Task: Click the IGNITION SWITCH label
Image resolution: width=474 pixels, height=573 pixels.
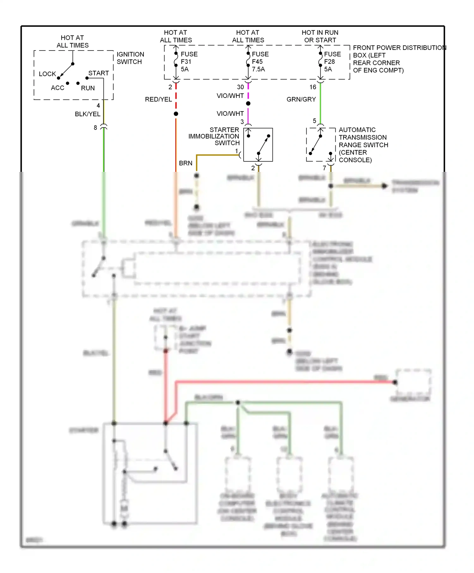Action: (130, 58)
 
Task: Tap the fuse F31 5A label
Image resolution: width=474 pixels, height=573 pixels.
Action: (189, 62)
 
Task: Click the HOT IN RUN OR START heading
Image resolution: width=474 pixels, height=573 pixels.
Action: (320, 36)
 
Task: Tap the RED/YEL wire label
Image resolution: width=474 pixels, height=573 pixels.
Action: (158, 100)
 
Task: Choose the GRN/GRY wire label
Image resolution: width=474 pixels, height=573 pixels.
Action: (301, 100)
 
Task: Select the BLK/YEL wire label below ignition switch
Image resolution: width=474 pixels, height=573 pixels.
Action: (87, 114)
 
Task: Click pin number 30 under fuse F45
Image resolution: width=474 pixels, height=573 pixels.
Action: (240, 87)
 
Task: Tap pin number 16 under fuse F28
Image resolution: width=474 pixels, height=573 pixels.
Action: (313, 87)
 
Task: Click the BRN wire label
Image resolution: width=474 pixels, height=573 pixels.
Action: (185, 163)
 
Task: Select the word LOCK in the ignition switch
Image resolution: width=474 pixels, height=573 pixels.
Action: (47, 74)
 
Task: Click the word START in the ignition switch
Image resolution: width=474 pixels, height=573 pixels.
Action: (98, 73)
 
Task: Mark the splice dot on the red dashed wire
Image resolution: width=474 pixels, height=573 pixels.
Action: (176, 114)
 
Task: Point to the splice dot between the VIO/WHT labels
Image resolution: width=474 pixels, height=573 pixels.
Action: (248, 104)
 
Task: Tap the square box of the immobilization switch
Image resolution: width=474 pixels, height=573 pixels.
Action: (258, 145)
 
